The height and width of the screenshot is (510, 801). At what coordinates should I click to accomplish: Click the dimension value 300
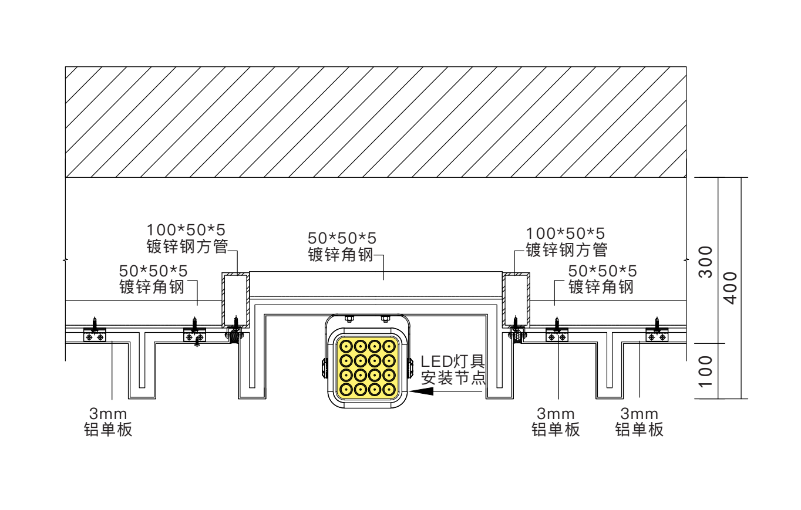706,262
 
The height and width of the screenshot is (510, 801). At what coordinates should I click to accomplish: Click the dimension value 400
730,288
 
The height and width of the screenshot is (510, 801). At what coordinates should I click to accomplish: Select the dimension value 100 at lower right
706,371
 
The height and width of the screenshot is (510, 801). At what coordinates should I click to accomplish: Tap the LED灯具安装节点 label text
453,369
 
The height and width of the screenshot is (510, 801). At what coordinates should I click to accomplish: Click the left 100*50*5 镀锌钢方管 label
187,238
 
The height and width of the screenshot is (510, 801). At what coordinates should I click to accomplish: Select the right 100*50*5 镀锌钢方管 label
566,242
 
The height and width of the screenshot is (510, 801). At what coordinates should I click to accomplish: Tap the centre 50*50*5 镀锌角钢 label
342,246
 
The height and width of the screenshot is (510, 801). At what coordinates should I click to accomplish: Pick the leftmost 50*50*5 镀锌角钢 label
153,279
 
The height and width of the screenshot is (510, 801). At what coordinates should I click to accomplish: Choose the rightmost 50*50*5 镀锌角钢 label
602,279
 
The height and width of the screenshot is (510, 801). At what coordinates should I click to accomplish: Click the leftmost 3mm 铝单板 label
109,422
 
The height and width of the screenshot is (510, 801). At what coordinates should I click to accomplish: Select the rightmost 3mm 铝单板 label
640,422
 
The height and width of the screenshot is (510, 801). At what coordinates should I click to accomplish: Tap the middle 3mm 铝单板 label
556,422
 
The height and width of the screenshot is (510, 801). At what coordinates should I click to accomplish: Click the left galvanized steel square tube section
236,299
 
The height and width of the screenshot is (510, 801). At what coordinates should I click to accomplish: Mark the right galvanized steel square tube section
516,299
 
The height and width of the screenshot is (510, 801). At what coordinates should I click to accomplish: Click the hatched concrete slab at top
376,121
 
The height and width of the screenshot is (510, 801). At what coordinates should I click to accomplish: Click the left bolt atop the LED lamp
348,319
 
